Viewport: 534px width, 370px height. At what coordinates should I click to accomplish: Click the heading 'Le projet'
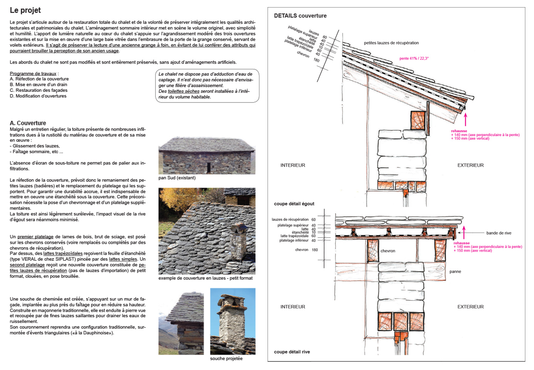click(25, 11)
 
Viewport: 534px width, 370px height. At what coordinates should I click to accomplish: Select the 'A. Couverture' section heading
click(28, 123)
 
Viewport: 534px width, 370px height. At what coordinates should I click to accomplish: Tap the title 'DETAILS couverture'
click(300, 16)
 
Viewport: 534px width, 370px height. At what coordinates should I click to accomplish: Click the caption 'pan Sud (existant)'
click(177, 178)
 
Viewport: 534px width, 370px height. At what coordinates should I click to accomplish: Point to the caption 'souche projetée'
click(226, 359)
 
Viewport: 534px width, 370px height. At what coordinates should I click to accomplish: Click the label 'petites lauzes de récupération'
click(391, 43)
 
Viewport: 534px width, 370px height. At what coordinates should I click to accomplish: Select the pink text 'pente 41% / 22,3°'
click(414, 58)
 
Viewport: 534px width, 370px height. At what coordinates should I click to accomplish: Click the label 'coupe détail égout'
click(294, 204)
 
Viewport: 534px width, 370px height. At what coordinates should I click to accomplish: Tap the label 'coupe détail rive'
click(292, 352)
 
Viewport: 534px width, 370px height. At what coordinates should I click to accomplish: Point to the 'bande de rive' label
click(499, 233)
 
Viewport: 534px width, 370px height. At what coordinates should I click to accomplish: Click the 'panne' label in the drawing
click(455, 272)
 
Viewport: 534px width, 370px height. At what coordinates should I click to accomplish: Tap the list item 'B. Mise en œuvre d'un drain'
click(38, 85)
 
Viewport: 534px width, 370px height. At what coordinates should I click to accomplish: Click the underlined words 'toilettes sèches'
click(184, 91)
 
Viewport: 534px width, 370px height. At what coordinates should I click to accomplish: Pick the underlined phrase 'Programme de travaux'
click(33, 74)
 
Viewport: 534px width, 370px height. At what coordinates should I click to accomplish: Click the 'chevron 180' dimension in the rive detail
click(306, 250)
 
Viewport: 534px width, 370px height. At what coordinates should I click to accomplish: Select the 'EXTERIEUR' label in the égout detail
click(470, 165)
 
